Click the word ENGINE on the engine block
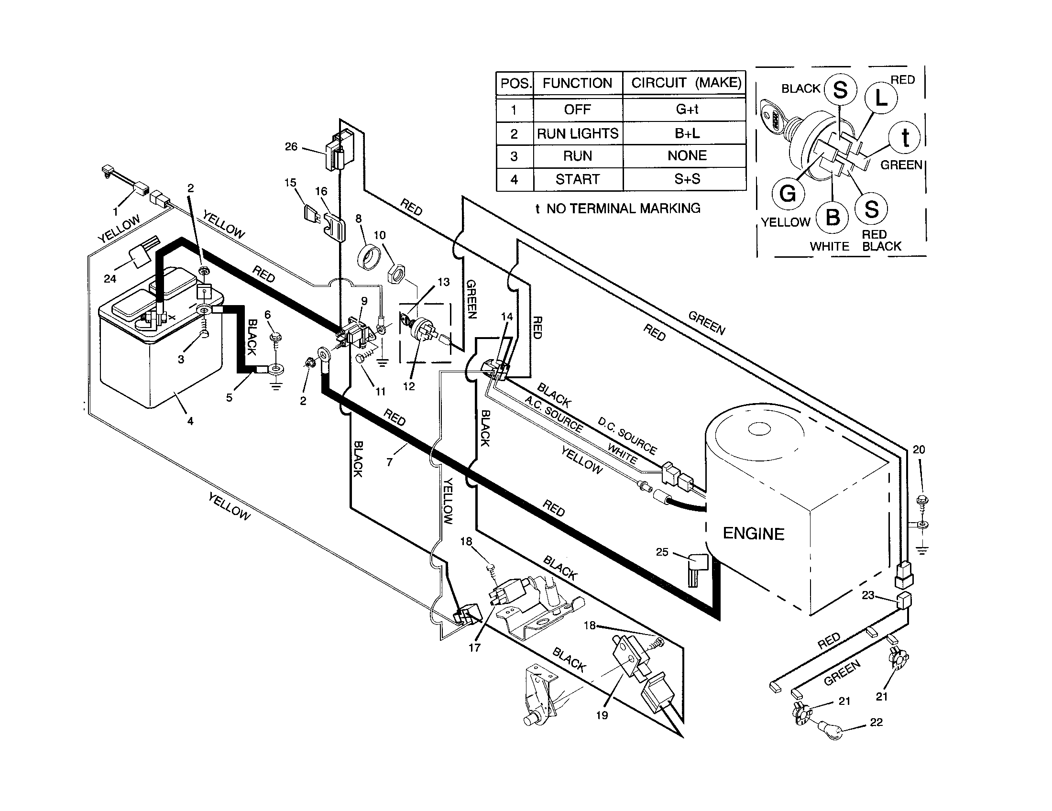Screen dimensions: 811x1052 (753, 534)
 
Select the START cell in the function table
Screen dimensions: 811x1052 (578, 179)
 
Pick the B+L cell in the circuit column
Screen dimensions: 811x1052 (687, 133)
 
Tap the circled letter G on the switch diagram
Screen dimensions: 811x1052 (788, 194)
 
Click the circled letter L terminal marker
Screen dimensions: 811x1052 (881, 98)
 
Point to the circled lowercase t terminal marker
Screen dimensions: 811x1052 (905, 138)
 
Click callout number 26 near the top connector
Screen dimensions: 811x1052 (291, 146)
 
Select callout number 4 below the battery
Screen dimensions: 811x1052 (190, 421)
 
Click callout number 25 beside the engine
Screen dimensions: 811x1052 (662, 552)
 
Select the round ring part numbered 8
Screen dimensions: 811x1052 (370, 257)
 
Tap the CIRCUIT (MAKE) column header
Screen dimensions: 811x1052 (686, 83)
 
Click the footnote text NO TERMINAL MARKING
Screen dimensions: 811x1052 (623, 208)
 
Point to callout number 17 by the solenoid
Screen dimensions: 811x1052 (474, 647)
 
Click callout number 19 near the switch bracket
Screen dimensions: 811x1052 (602, 715)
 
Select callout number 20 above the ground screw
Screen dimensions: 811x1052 (919, 449)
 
